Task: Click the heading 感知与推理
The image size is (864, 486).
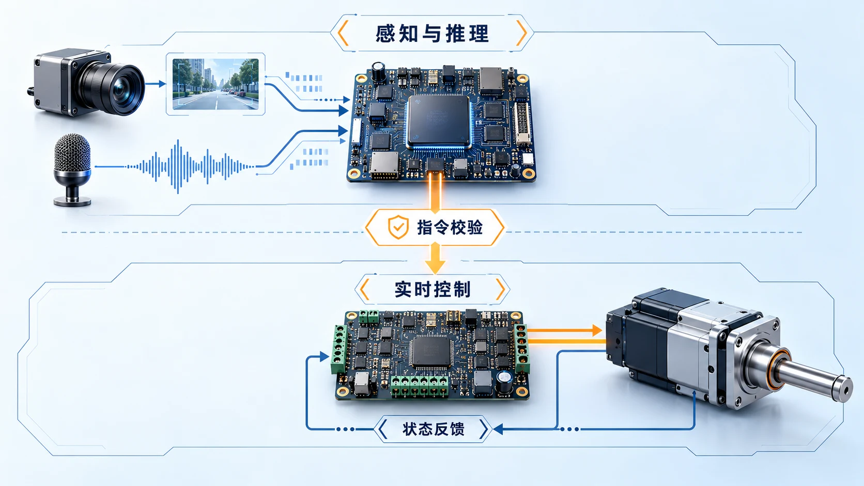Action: click(432, 34)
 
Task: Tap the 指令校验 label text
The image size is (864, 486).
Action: click(450, 227)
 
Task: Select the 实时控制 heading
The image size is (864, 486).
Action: click(433, 289)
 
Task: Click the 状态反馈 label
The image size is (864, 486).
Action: click(433, 429)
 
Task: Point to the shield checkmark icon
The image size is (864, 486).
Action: click(398, 227)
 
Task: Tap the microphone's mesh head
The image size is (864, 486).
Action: click(72, 153)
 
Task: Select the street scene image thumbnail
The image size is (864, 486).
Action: click(215, 84)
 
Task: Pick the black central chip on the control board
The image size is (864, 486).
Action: click(431, 351)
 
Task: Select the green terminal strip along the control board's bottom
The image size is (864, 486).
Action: click(419, 386)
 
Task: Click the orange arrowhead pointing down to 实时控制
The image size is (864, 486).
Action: click(435, 266)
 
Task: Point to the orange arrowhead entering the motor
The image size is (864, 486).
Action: click(597, 331)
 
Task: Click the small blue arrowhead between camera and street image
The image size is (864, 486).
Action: click(162, 84)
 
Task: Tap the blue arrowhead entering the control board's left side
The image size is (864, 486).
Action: click(325, 357)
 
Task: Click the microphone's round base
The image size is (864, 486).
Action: click(72, 201)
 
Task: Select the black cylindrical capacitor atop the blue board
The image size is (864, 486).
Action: click(378, 72)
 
